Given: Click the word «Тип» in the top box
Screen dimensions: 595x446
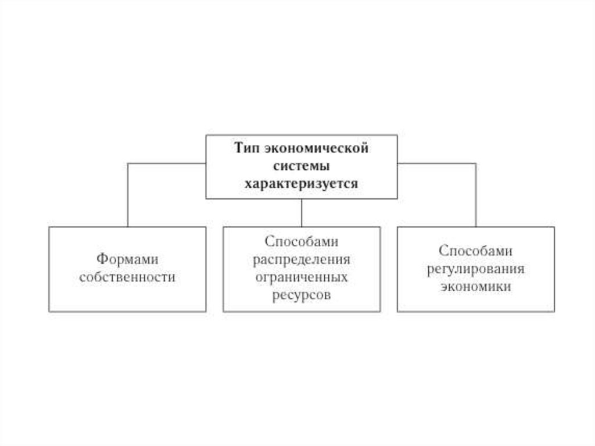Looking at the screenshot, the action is [246, 147].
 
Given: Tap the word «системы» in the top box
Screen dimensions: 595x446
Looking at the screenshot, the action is [302, 165].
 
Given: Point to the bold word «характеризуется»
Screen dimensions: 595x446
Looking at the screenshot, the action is [302, 183].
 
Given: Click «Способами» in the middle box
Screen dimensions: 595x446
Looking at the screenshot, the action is [302, 241].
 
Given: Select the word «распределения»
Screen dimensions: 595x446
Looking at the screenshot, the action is [302, 259].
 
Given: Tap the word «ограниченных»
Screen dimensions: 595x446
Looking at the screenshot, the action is [302, 277].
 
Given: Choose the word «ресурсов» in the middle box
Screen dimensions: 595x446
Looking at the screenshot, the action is [302, 295].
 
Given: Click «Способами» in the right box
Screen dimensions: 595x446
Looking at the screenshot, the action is [476, 251].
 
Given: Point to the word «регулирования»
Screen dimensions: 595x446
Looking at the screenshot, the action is [476, 269].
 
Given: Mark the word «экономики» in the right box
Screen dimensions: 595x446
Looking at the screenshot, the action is [476, 287].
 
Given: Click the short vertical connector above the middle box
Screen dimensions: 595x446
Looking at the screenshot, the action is [302, 213].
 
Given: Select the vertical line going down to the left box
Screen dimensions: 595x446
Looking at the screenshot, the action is [128, 195].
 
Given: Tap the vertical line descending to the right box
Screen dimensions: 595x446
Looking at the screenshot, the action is [476, 195].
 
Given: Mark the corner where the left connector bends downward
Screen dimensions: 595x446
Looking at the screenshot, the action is [128, 163].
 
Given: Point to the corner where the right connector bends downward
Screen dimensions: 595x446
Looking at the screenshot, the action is [476, 163].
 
